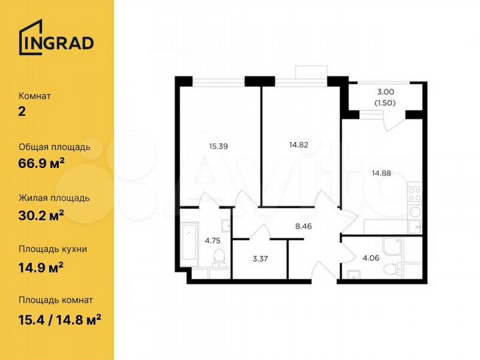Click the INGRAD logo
[x=56, y=41]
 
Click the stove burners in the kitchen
[x=415, y=194]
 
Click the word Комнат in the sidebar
[x=35, y=96]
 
